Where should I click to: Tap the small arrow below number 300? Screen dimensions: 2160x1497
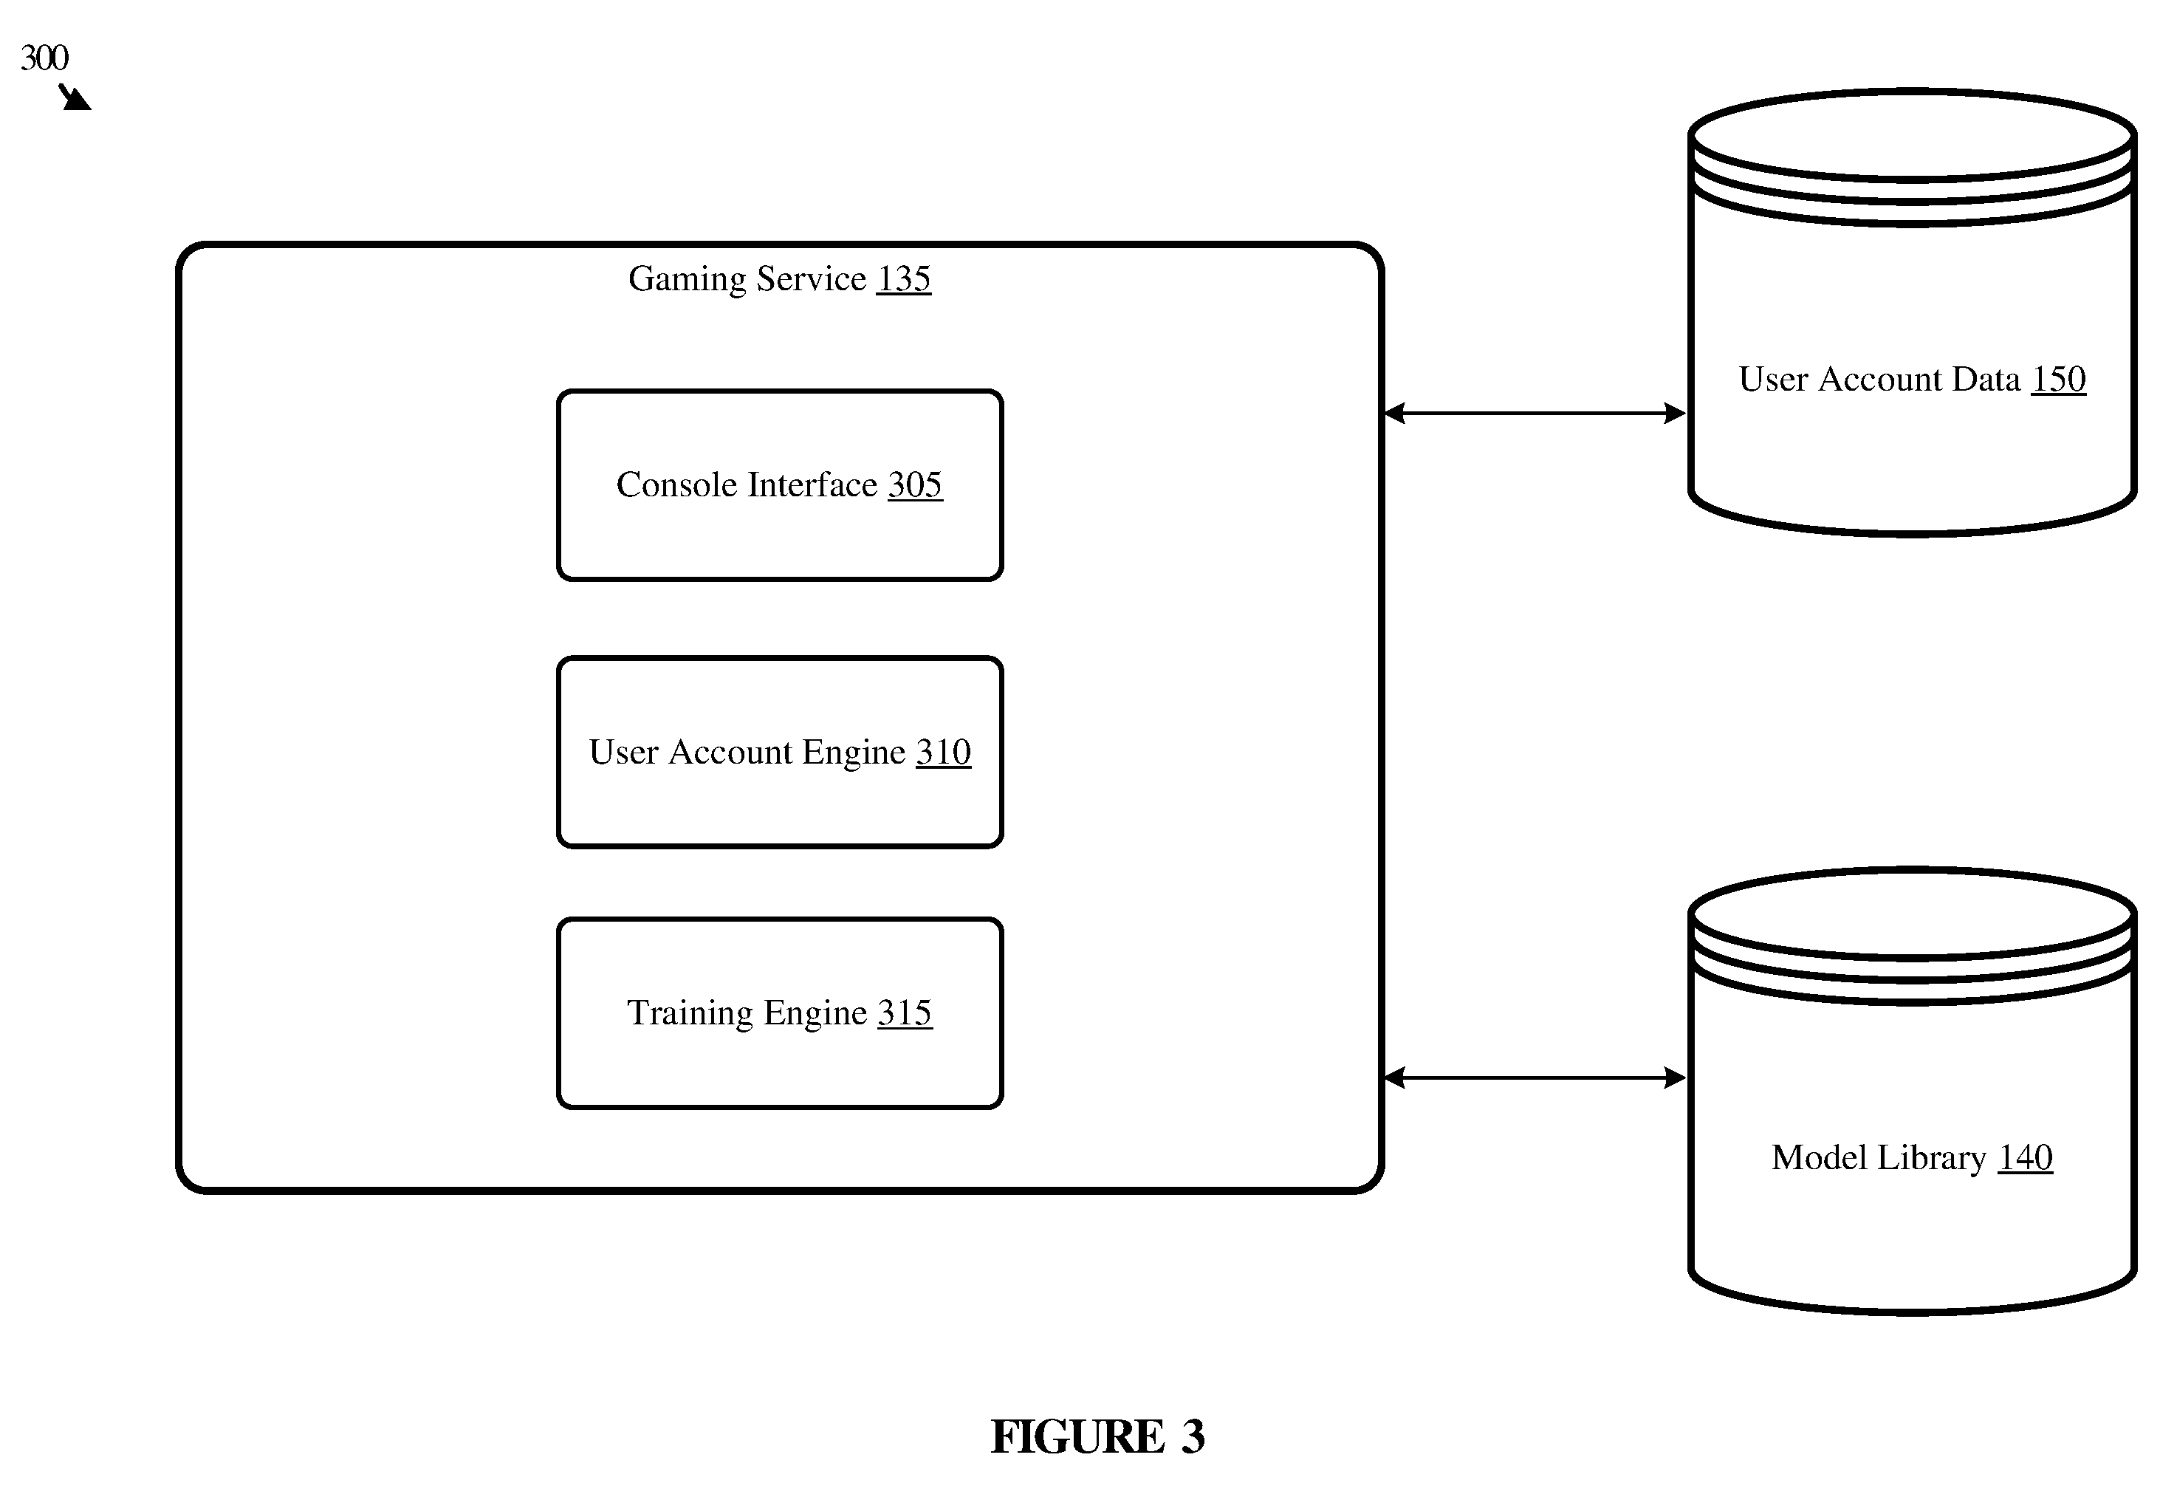[75, 97]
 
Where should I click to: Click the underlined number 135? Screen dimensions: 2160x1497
[903, 278]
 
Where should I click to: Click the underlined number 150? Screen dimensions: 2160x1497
[2058, 379]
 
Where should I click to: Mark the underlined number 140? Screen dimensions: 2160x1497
[2025, 1157]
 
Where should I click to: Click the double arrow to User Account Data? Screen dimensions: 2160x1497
[1535, 413]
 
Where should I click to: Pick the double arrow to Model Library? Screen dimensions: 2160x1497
[1535, 1078]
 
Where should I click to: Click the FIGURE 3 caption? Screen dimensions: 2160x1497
[1097, 1436]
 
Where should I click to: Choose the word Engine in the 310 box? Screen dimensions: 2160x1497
[854, 753]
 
